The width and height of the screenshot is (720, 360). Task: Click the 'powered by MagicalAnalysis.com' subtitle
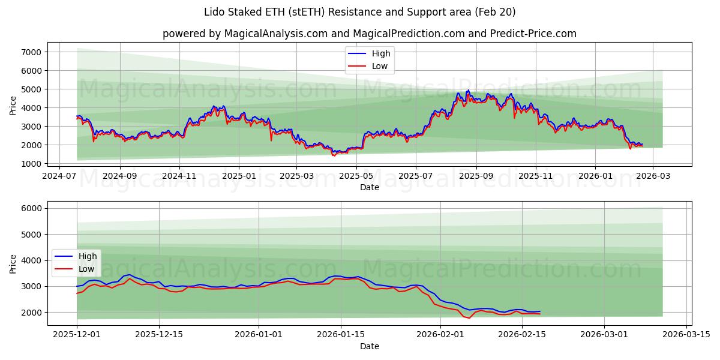click(x=369, y=34)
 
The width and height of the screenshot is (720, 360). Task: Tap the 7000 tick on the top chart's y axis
click(x=31, y=52)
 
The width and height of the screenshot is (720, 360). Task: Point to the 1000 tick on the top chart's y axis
click(x=31, y=164)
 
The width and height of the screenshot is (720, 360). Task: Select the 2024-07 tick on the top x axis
click(x=59, y=176)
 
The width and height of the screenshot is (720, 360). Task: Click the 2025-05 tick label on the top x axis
click(x=356, y=176)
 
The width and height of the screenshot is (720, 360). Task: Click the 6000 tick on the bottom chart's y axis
click(x=31, y=208)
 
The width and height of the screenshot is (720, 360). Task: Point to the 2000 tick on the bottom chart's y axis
click(x=31, y=313)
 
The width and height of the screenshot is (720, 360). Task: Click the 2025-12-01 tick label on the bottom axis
click(x=77, y=335)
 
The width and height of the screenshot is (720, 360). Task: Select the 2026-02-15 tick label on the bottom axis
click(x=522, y=335)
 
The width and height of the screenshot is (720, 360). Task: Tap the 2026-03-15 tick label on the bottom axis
click(x=686, y=335)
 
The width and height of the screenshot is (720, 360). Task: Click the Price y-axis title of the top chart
click(x=13, y=106)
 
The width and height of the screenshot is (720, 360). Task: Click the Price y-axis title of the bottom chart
click(x=13, y=263)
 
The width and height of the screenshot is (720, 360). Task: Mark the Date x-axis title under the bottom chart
click(x=369, y=346)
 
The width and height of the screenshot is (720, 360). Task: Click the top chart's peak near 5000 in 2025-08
click(x=468, y=91)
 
